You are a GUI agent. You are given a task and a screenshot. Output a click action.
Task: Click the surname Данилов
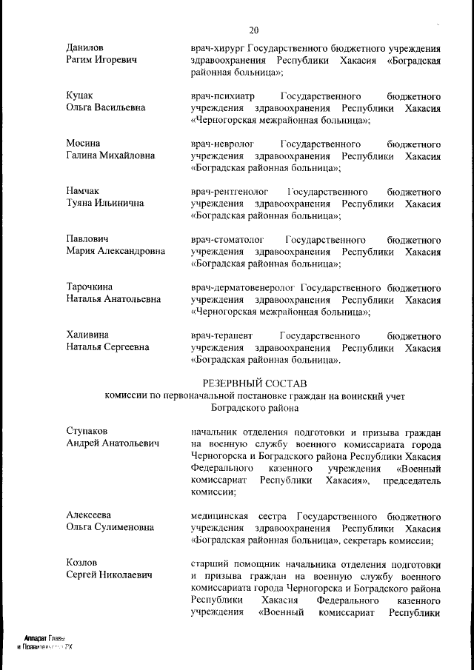click(85, 47)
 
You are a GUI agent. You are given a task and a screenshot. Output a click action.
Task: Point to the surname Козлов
click(82, 563)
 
